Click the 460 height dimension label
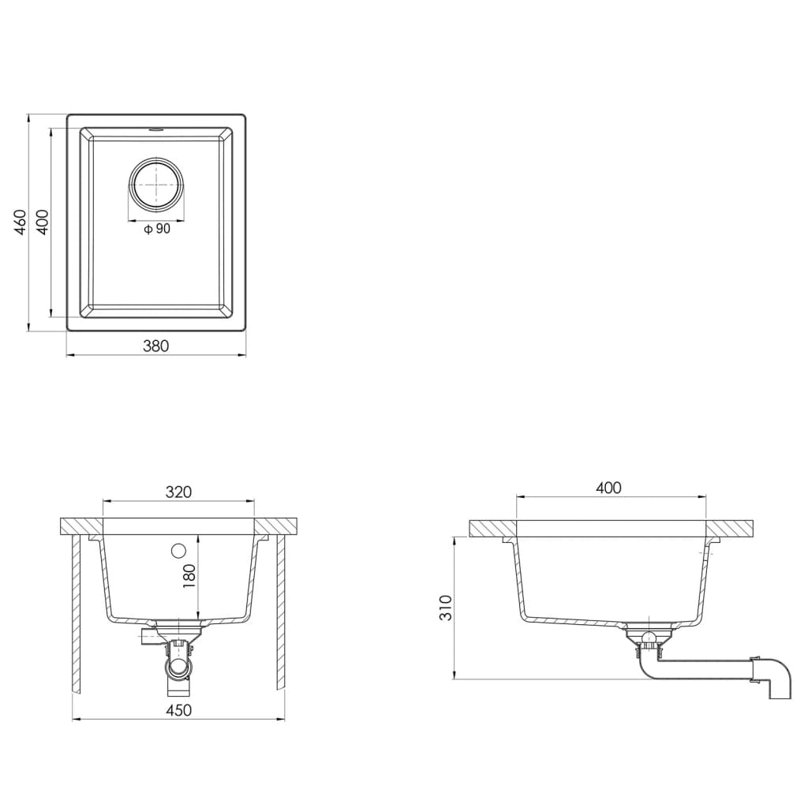tap(21, 222)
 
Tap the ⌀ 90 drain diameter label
tap(157, 230)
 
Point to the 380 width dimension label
tap(155, 346)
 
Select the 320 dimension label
tap(179, 492)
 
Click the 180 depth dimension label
tap(189, 576)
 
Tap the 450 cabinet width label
tap(179, 710)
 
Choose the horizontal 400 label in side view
tap(608, 488)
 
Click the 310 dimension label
tap(447, 607)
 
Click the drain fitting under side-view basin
tap(648, 638)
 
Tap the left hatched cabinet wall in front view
tap(77, 615)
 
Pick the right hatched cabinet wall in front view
tap(280, 615)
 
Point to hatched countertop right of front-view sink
tap(276, 526)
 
